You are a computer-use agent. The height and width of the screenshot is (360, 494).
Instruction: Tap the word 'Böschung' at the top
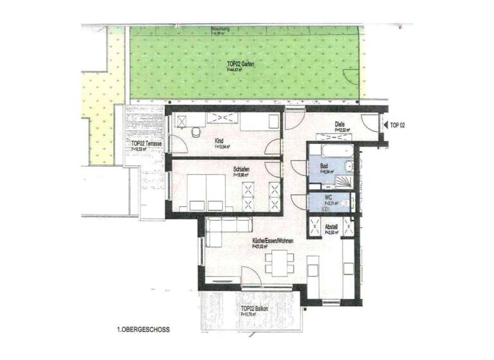point(222,30)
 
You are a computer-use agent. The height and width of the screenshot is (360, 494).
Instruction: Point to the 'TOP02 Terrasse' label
point(145,144)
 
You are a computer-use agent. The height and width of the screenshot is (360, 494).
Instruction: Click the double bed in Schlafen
point(203,192)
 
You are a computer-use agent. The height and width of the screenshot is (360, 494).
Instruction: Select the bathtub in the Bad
point(329,150)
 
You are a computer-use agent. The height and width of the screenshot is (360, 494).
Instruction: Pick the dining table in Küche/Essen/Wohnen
point(279,263)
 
